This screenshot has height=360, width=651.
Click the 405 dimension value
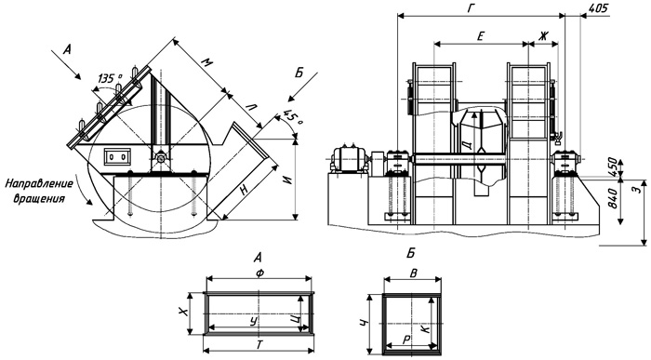tap(598, 7)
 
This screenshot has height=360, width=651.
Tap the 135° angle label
tap(110, 77)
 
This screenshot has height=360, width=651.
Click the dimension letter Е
tap(480, 36)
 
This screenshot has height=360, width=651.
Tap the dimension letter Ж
tap(543, 36)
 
